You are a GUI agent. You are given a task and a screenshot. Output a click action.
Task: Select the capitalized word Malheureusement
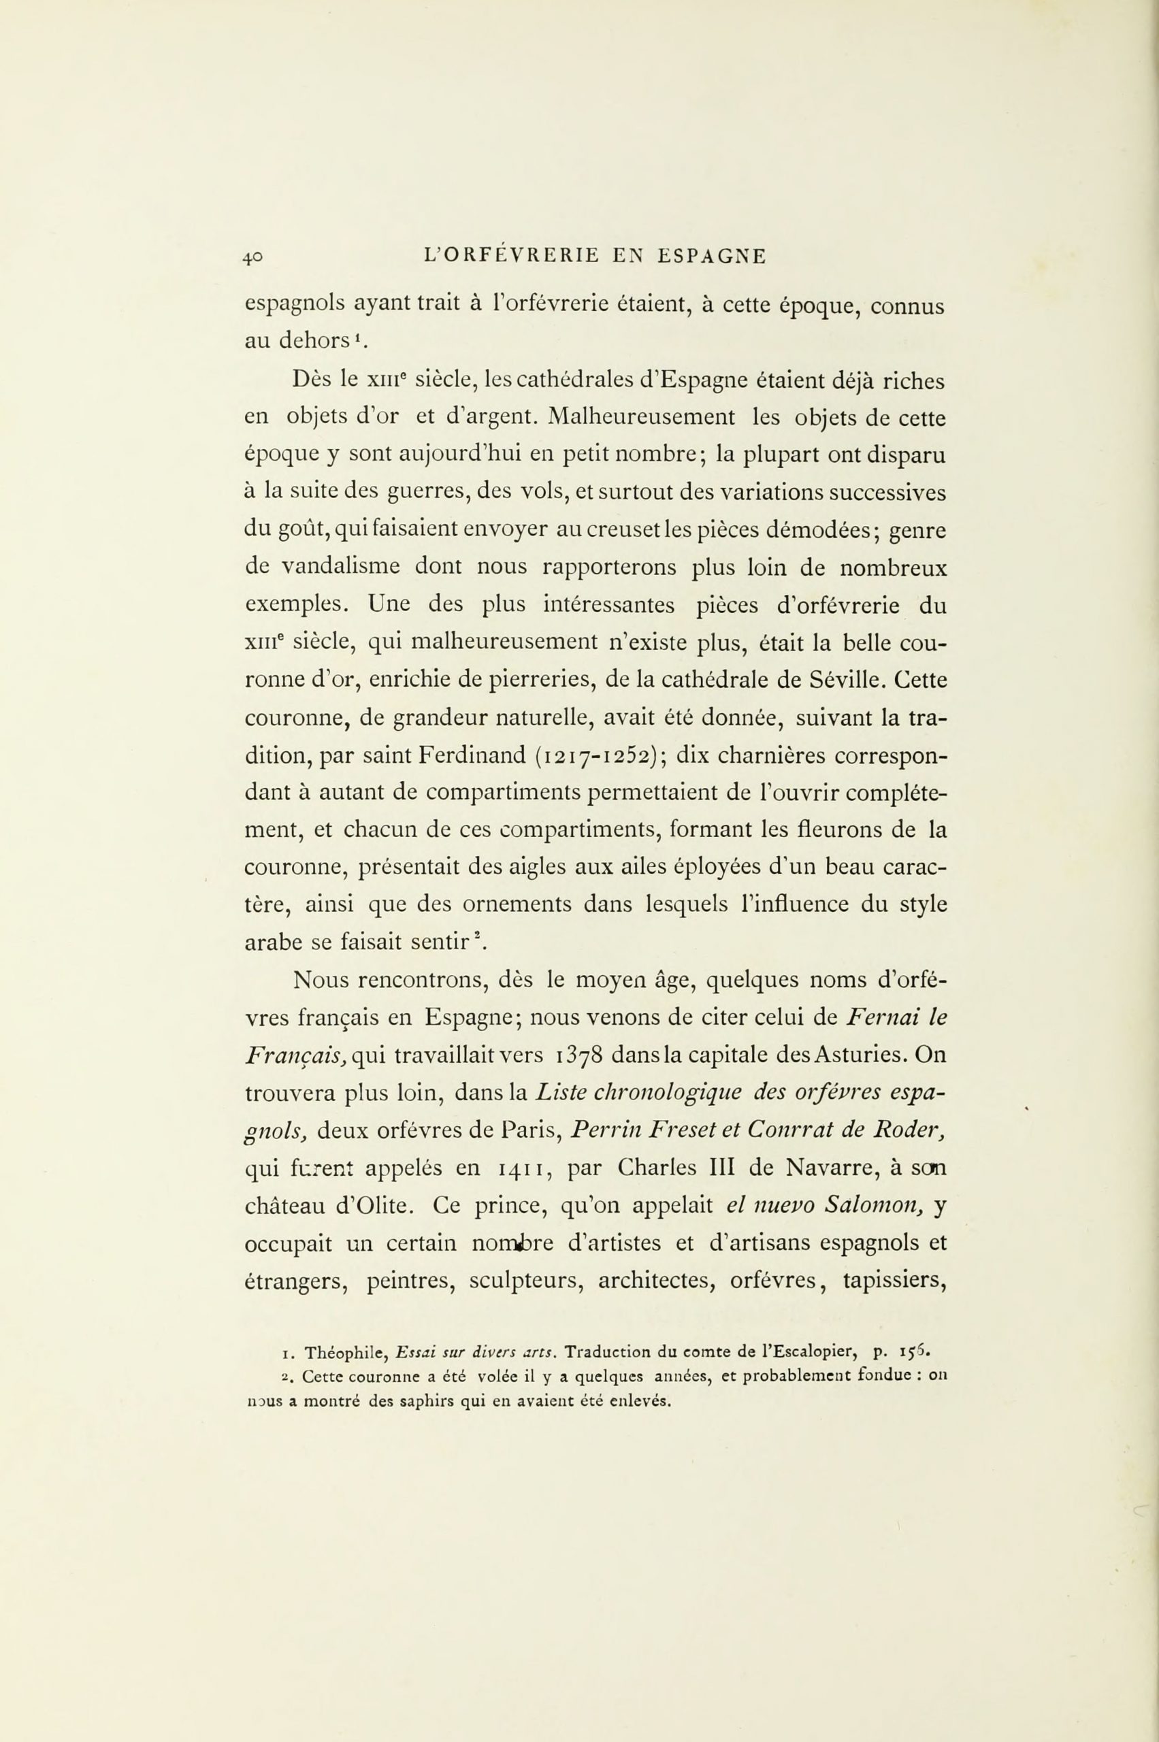pos(642,418)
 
